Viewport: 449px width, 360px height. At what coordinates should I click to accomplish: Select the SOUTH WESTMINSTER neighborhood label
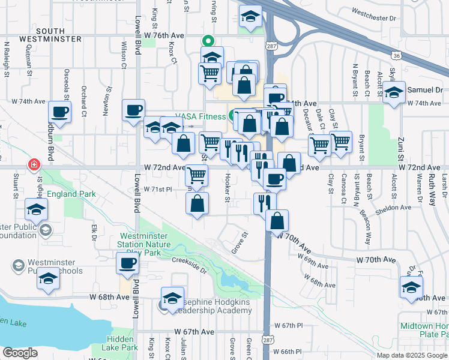pyautogui.click(x=59, y=34)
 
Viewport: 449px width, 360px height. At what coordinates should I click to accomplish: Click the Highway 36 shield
pyautogui.click(x=396, y=56)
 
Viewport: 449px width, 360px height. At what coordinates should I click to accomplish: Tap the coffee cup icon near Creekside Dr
pyautogui.click(x=127, y=263)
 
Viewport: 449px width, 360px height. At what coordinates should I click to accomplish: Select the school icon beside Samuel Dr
pyautogui.click(x=394, y=93)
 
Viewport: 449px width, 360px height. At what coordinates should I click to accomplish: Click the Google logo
pyautogui.click(x=20, y=353)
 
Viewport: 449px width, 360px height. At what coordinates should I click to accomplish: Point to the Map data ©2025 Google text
pyautogui.click(x=412, y=355)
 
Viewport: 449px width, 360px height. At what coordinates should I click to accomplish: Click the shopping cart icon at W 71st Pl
pyautogui.click(x=196, y=175)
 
